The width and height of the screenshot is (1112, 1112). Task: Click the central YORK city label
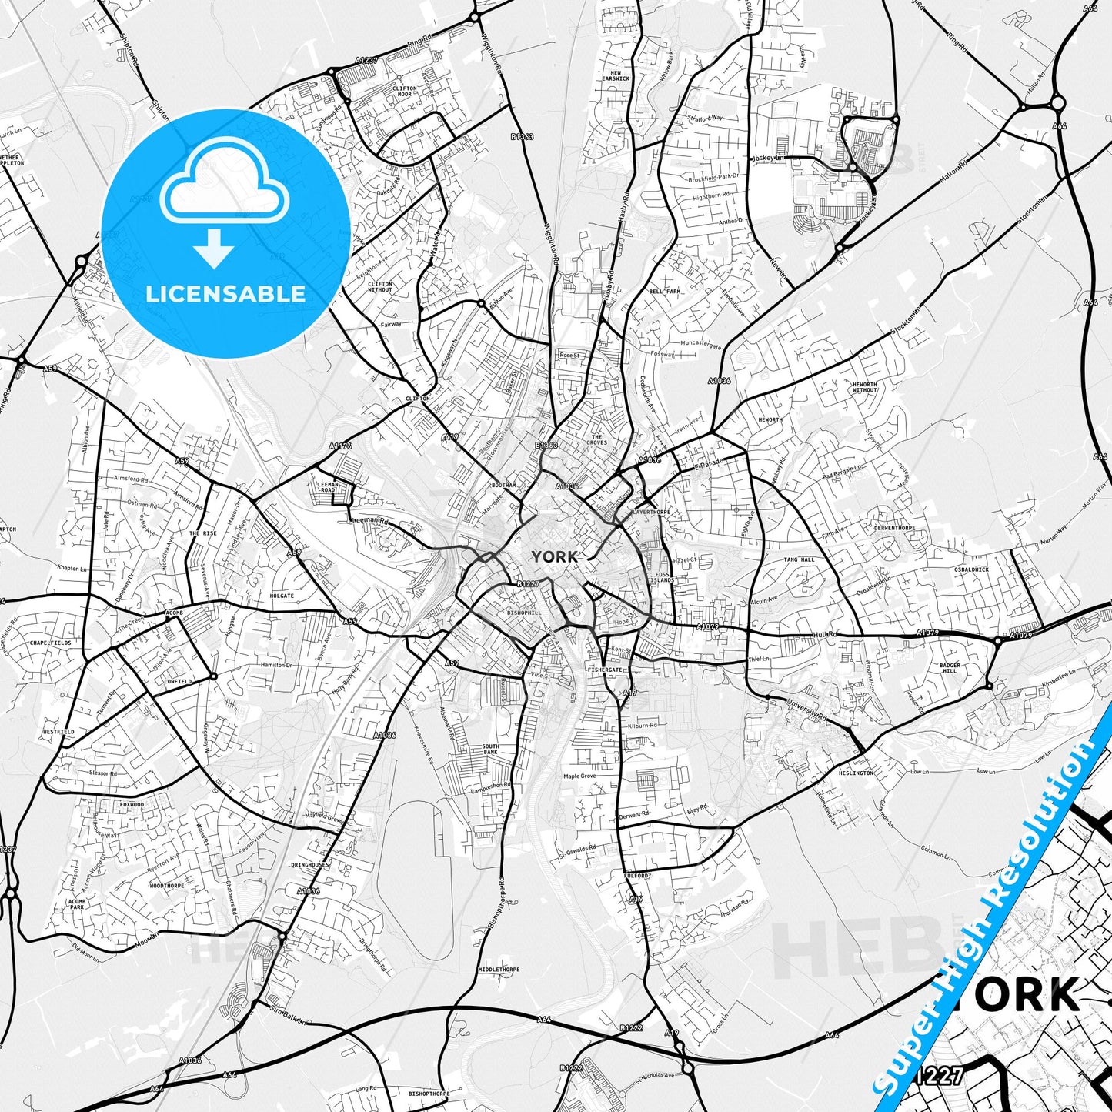coord(554,556)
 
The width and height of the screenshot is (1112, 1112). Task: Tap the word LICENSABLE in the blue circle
coord(225,293)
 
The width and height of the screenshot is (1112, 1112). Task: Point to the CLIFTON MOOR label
coord(405,92)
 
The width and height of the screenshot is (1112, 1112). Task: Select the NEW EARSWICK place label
coord(616,76)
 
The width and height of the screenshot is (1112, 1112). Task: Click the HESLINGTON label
coord(856,773)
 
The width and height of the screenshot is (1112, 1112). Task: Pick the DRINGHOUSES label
coord(309,865)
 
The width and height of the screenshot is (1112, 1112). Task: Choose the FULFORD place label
coord(637,876)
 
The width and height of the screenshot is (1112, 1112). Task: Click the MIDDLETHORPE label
coord(499,970)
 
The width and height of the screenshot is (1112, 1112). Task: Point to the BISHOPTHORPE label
coord(429,1093)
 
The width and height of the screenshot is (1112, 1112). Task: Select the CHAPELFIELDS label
coord(50,642)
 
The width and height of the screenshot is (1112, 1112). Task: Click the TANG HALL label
coord(799,559)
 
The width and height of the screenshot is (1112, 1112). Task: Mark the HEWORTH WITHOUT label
coord(864,387)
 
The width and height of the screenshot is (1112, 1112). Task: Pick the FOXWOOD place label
coord(131,804)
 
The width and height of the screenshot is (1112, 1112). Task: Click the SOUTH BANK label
coord(490,749)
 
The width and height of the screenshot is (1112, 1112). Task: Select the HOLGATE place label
coord(282,596)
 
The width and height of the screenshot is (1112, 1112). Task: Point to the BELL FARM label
coord(665,292)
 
